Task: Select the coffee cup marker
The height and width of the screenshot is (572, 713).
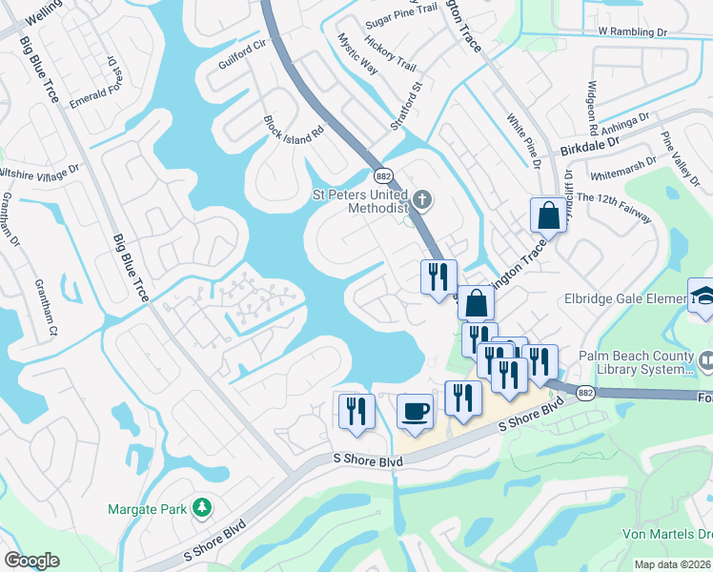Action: click(x=415, y=412)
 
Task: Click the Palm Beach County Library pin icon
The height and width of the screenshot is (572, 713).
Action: click(x=705, y=362)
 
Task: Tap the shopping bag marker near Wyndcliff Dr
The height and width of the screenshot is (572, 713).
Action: click(x=549, y=215)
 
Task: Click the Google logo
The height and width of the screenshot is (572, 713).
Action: click(x=31, y=561)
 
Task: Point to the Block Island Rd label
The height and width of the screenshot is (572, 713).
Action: click(x=295, y=131)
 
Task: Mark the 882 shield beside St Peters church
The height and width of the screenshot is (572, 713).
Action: click(x=383, y=176)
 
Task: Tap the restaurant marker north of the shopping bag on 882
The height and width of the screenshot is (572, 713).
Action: click(x=438, y=277)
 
